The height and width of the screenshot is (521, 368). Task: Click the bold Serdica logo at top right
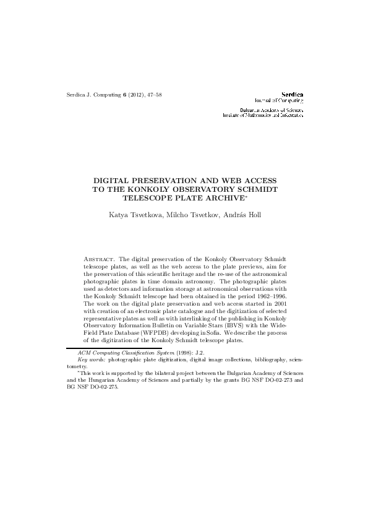(291, 93)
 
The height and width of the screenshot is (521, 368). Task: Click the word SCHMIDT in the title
(256, 187)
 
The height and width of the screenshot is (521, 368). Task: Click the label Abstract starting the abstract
(99, 257)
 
